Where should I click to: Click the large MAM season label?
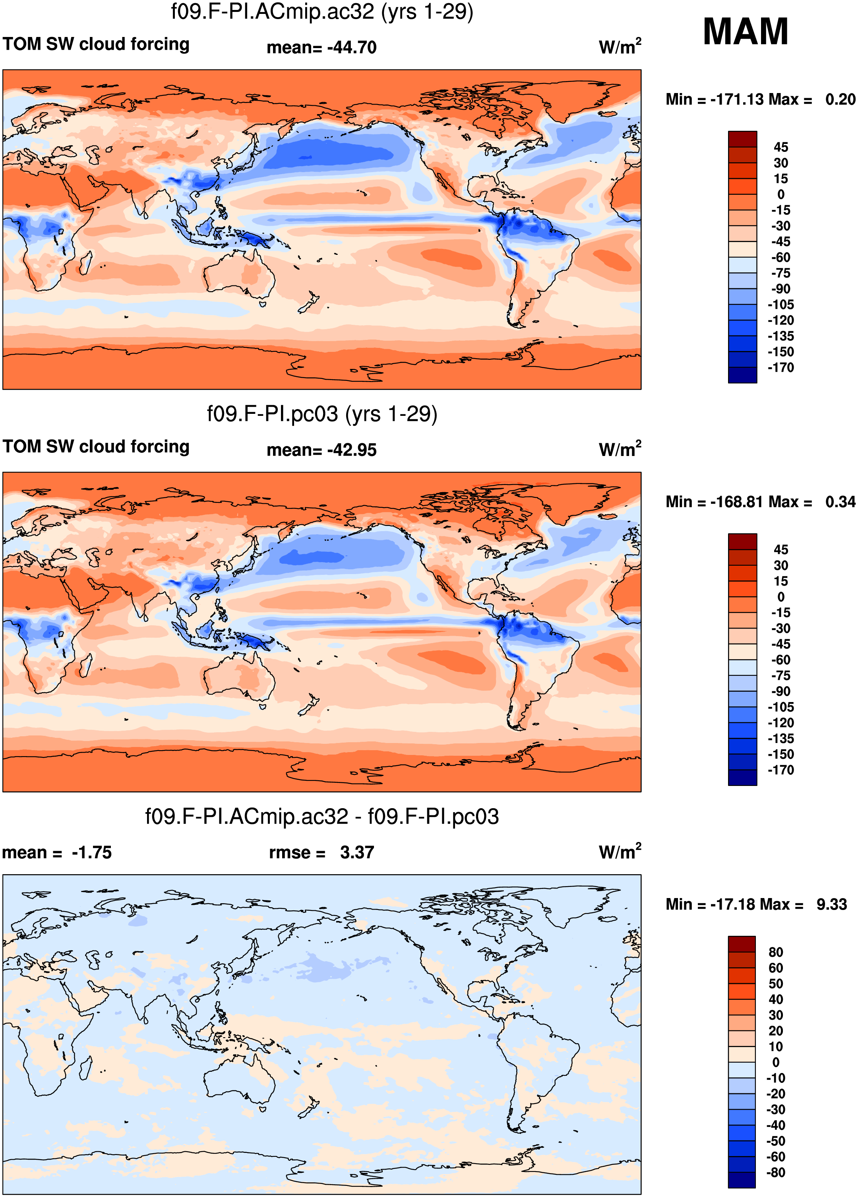(x=745, y=32)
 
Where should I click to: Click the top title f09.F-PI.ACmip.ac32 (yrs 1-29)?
(x=322, y=12)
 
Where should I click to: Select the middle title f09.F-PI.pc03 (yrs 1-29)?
(x=322, y=414)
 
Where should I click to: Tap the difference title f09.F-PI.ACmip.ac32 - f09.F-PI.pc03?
(x=322, y=817)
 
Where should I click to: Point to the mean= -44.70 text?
(x=322, y=47)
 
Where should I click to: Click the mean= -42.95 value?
(x=322, y=450)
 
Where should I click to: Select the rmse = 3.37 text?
(x=322, y=852)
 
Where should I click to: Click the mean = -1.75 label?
(x=57, y=852)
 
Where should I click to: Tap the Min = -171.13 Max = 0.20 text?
(x=760, y=99)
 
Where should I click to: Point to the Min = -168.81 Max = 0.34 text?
(x=760, y=502)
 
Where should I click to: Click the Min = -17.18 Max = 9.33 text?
(x=756, y=904)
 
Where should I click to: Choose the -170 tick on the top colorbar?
(x=781, y=368)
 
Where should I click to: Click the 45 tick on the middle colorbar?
(x=781, y=550)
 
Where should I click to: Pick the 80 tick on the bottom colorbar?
(x=776, y=952)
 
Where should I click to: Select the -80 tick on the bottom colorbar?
(x=776, y=1173)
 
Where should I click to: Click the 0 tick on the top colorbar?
(x=781, y=195)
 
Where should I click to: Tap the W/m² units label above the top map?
(x=620, y=47)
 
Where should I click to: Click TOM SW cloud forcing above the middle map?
(x=96, y=446)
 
